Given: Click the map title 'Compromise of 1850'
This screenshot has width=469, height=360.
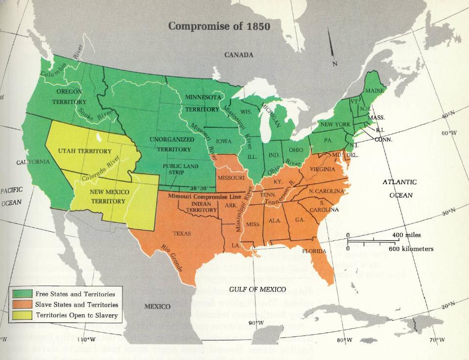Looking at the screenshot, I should tap(219, 26).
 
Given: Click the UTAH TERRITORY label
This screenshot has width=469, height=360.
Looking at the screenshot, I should tap(85, 151).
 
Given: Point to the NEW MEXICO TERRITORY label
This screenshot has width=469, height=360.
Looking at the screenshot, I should tap(110, 196).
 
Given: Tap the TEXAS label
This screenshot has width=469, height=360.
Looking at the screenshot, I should tap(182, 234).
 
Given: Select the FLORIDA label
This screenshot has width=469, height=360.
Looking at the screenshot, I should tap(313, 251).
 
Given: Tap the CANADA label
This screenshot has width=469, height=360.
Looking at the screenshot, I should tap(238, 54).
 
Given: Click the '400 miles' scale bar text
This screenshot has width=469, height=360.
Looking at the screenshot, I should tap(406, 235).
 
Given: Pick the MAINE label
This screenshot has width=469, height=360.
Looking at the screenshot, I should tap(374, 91).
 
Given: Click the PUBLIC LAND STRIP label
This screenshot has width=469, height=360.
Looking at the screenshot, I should tap(180, 169).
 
